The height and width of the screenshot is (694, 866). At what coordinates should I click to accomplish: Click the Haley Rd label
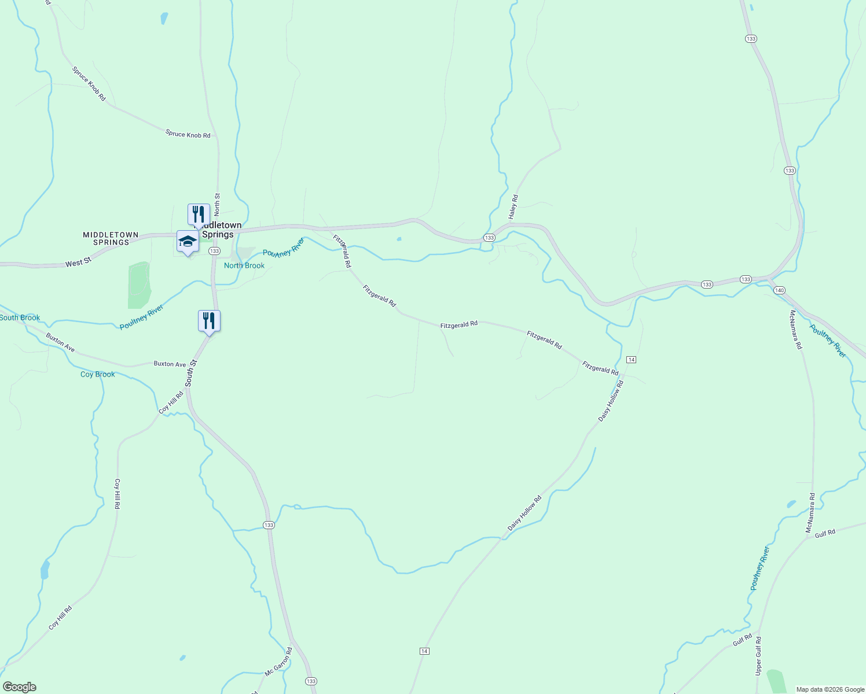pos(513,206)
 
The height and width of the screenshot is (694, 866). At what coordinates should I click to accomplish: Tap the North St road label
pos(217,203)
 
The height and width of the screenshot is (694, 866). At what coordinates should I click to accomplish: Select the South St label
pos(191,373)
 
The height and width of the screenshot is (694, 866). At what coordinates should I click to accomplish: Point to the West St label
pos(78,263)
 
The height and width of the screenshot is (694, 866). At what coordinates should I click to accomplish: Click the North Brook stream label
pos(244,265)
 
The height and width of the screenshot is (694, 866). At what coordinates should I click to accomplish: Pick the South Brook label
pos(20,318)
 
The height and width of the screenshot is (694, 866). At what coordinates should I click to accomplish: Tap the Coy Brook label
pos(97,374)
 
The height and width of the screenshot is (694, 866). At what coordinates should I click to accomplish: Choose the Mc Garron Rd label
pos(278,662)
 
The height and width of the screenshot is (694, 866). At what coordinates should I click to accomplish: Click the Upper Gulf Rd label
pos(758,656)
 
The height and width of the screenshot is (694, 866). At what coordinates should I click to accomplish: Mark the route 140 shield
pos(779,290)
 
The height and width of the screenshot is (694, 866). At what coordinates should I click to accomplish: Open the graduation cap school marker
pos(188,241)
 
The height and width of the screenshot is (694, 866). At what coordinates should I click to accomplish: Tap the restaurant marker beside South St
pos(209,320)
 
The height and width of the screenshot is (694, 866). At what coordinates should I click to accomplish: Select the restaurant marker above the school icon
pos(199,214)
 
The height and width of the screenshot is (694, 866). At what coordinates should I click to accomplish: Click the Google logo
pos(19,687)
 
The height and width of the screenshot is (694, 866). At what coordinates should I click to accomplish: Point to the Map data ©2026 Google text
pos(830,689)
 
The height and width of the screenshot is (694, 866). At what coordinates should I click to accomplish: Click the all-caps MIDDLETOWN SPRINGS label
pos(111,238)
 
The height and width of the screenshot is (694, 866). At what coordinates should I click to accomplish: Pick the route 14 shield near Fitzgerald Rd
pos(631,360)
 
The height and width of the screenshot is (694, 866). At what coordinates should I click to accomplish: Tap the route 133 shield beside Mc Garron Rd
pos(311,681)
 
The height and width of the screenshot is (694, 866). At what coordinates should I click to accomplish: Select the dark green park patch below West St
pos(139,285)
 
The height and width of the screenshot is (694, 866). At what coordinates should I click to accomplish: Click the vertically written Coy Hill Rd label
pos(117,493)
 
